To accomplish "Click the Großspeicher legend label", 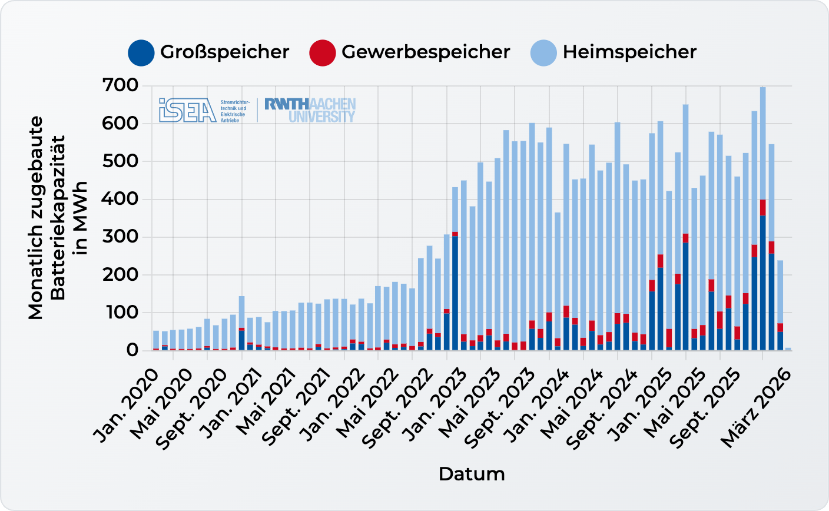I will [224, 52].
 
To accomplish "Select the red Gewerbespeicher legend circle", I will [322, 52].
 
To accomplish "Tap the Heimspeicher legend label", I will [629, 52].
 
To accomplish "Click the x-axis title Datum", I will [472, 474].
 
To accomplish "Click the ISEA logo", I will [188, 110].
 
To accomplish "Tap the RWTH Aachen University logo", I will [310, 110].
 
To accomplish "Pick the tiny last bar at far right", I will [788, 349].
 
